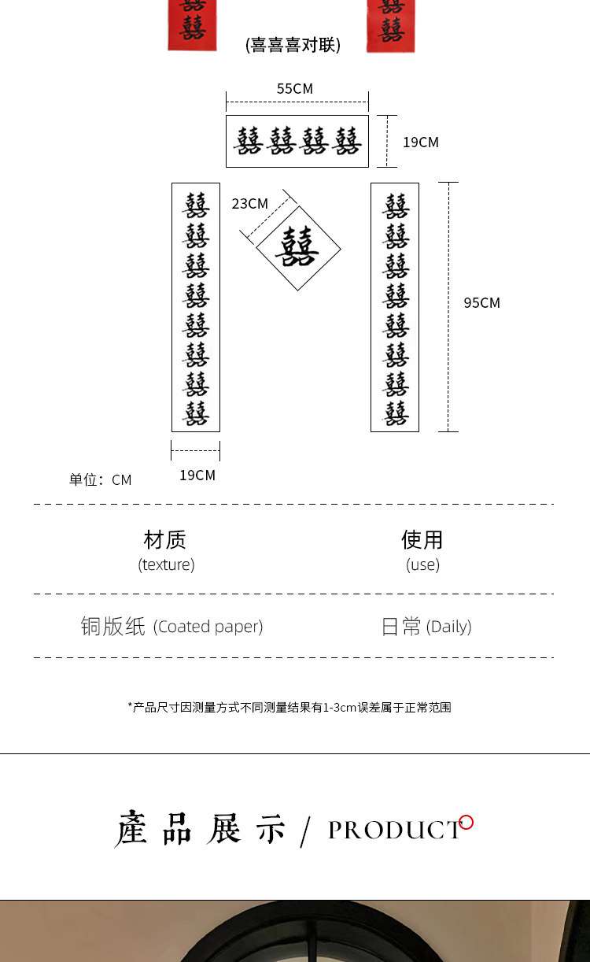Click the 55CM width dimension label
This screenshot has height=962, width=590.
coord(295,89)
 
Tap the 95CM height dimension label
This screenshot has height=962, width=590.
coord(481,303)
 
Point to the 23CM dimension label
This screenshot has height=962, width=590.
coord(249,204)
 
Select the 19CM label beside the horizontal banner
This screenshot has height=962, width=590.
coord(420,142)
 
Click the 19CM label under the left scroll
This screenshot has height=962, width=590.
coord(197,475)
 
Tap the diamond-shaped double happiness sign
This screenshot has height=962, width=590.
coord(298,248)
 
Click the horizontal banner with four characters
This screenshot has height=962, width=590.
coord(297,142)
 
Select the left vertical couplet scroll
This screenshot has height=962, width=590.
coord(196,307)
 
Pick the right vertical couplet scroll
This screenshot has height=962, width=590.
coord(395,307)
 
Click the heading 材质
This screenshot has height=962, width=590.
coord(165,540)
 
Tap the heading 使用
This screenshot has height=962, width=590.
coord(422,540)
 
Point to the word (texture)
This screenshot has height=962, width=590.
coord(166,564)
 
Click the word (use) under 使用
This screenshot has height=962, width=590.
coord(422,564)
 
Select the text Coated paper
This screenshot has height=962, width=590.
coord(208,627)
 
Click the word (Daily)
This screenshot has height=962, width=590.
coord(448,627)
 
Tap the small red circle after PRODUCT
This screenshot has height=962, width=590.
coord(466,823)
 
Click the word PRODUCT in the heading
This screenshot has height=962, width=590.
coord(394,831)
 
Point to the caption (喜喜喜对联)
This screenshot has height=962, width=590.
coord(293,45)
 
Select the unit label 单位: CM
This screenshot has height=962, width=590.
coord(100,480)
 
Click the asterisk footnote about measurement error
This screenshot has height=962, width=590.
coord(289,708)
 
